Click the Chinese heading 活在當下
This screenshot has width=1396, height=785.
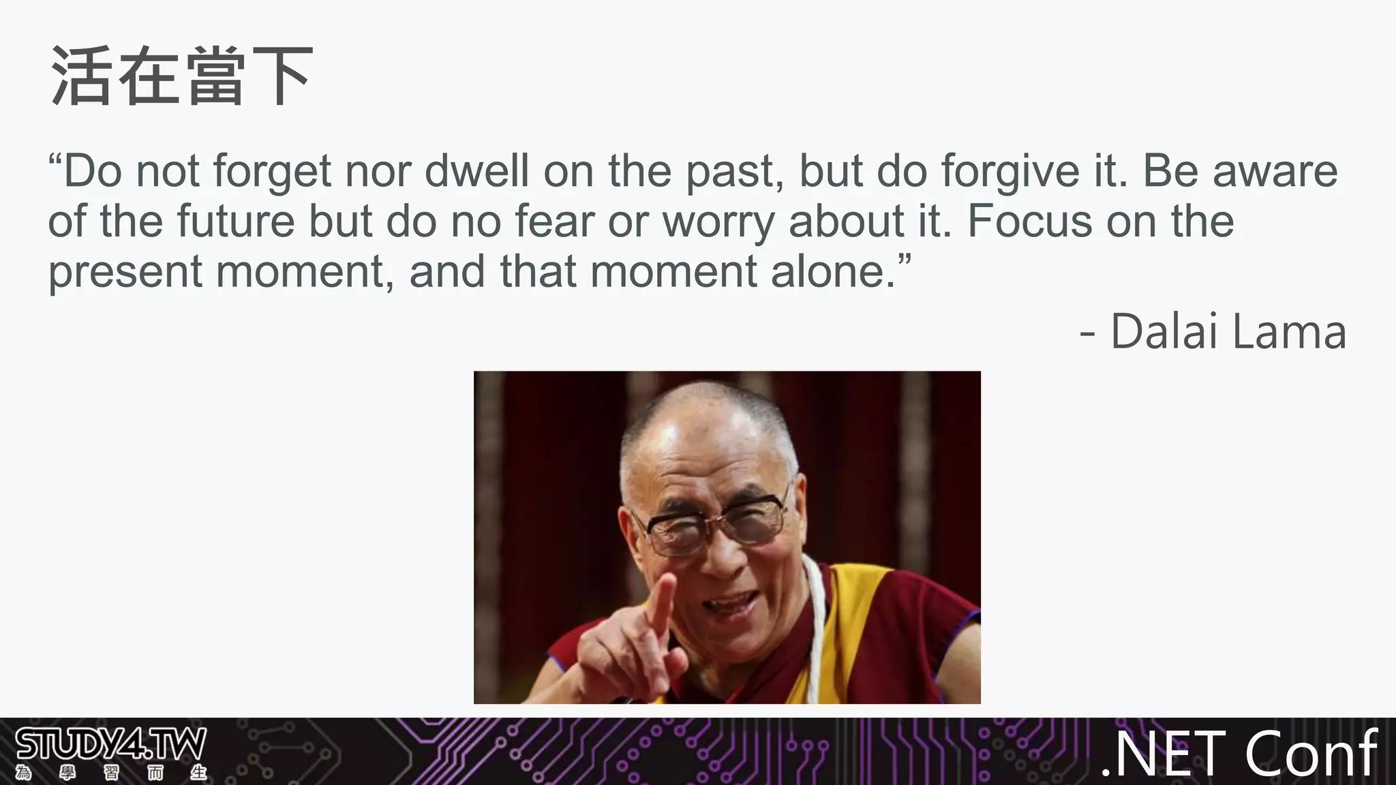(181, 76)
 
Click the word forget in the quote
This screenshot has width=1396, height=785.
(272, 171)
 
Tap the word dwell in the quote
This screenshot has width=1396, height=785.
(476, 171)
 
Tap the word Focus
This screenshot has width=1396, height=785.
(1029, 221)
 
